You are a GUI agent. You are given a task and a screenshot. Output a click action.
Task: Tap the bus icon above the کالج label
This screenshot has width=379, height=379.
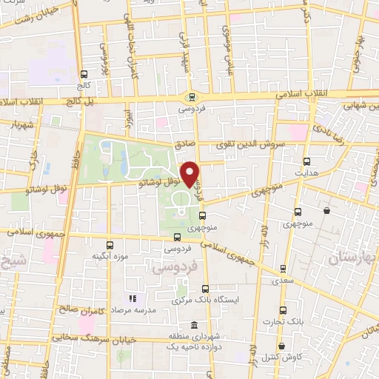[84, 74]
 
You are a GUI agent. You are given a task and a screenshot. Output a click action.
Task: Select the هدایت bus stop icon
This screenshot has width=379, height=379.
[306, 161]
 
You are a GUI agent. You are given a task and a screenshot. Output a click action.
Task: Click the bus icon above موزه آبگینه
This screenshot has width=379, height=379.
[110, 245]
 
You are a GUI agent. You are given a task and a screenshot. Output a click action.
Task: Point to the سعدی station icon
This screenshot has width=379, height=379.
[281, 270]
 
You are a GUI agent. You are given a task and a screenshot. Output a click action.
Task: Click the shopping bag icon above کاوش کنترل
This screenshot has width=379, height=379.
[281, 346]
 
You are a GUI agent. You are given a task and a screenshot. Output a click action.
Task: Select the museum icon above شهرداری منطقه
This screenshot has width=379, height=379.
[194, 326]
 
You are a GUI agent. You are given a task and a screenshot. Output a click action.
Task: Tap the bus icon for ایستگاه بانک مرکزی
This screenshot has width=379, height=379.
[205, 289]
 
